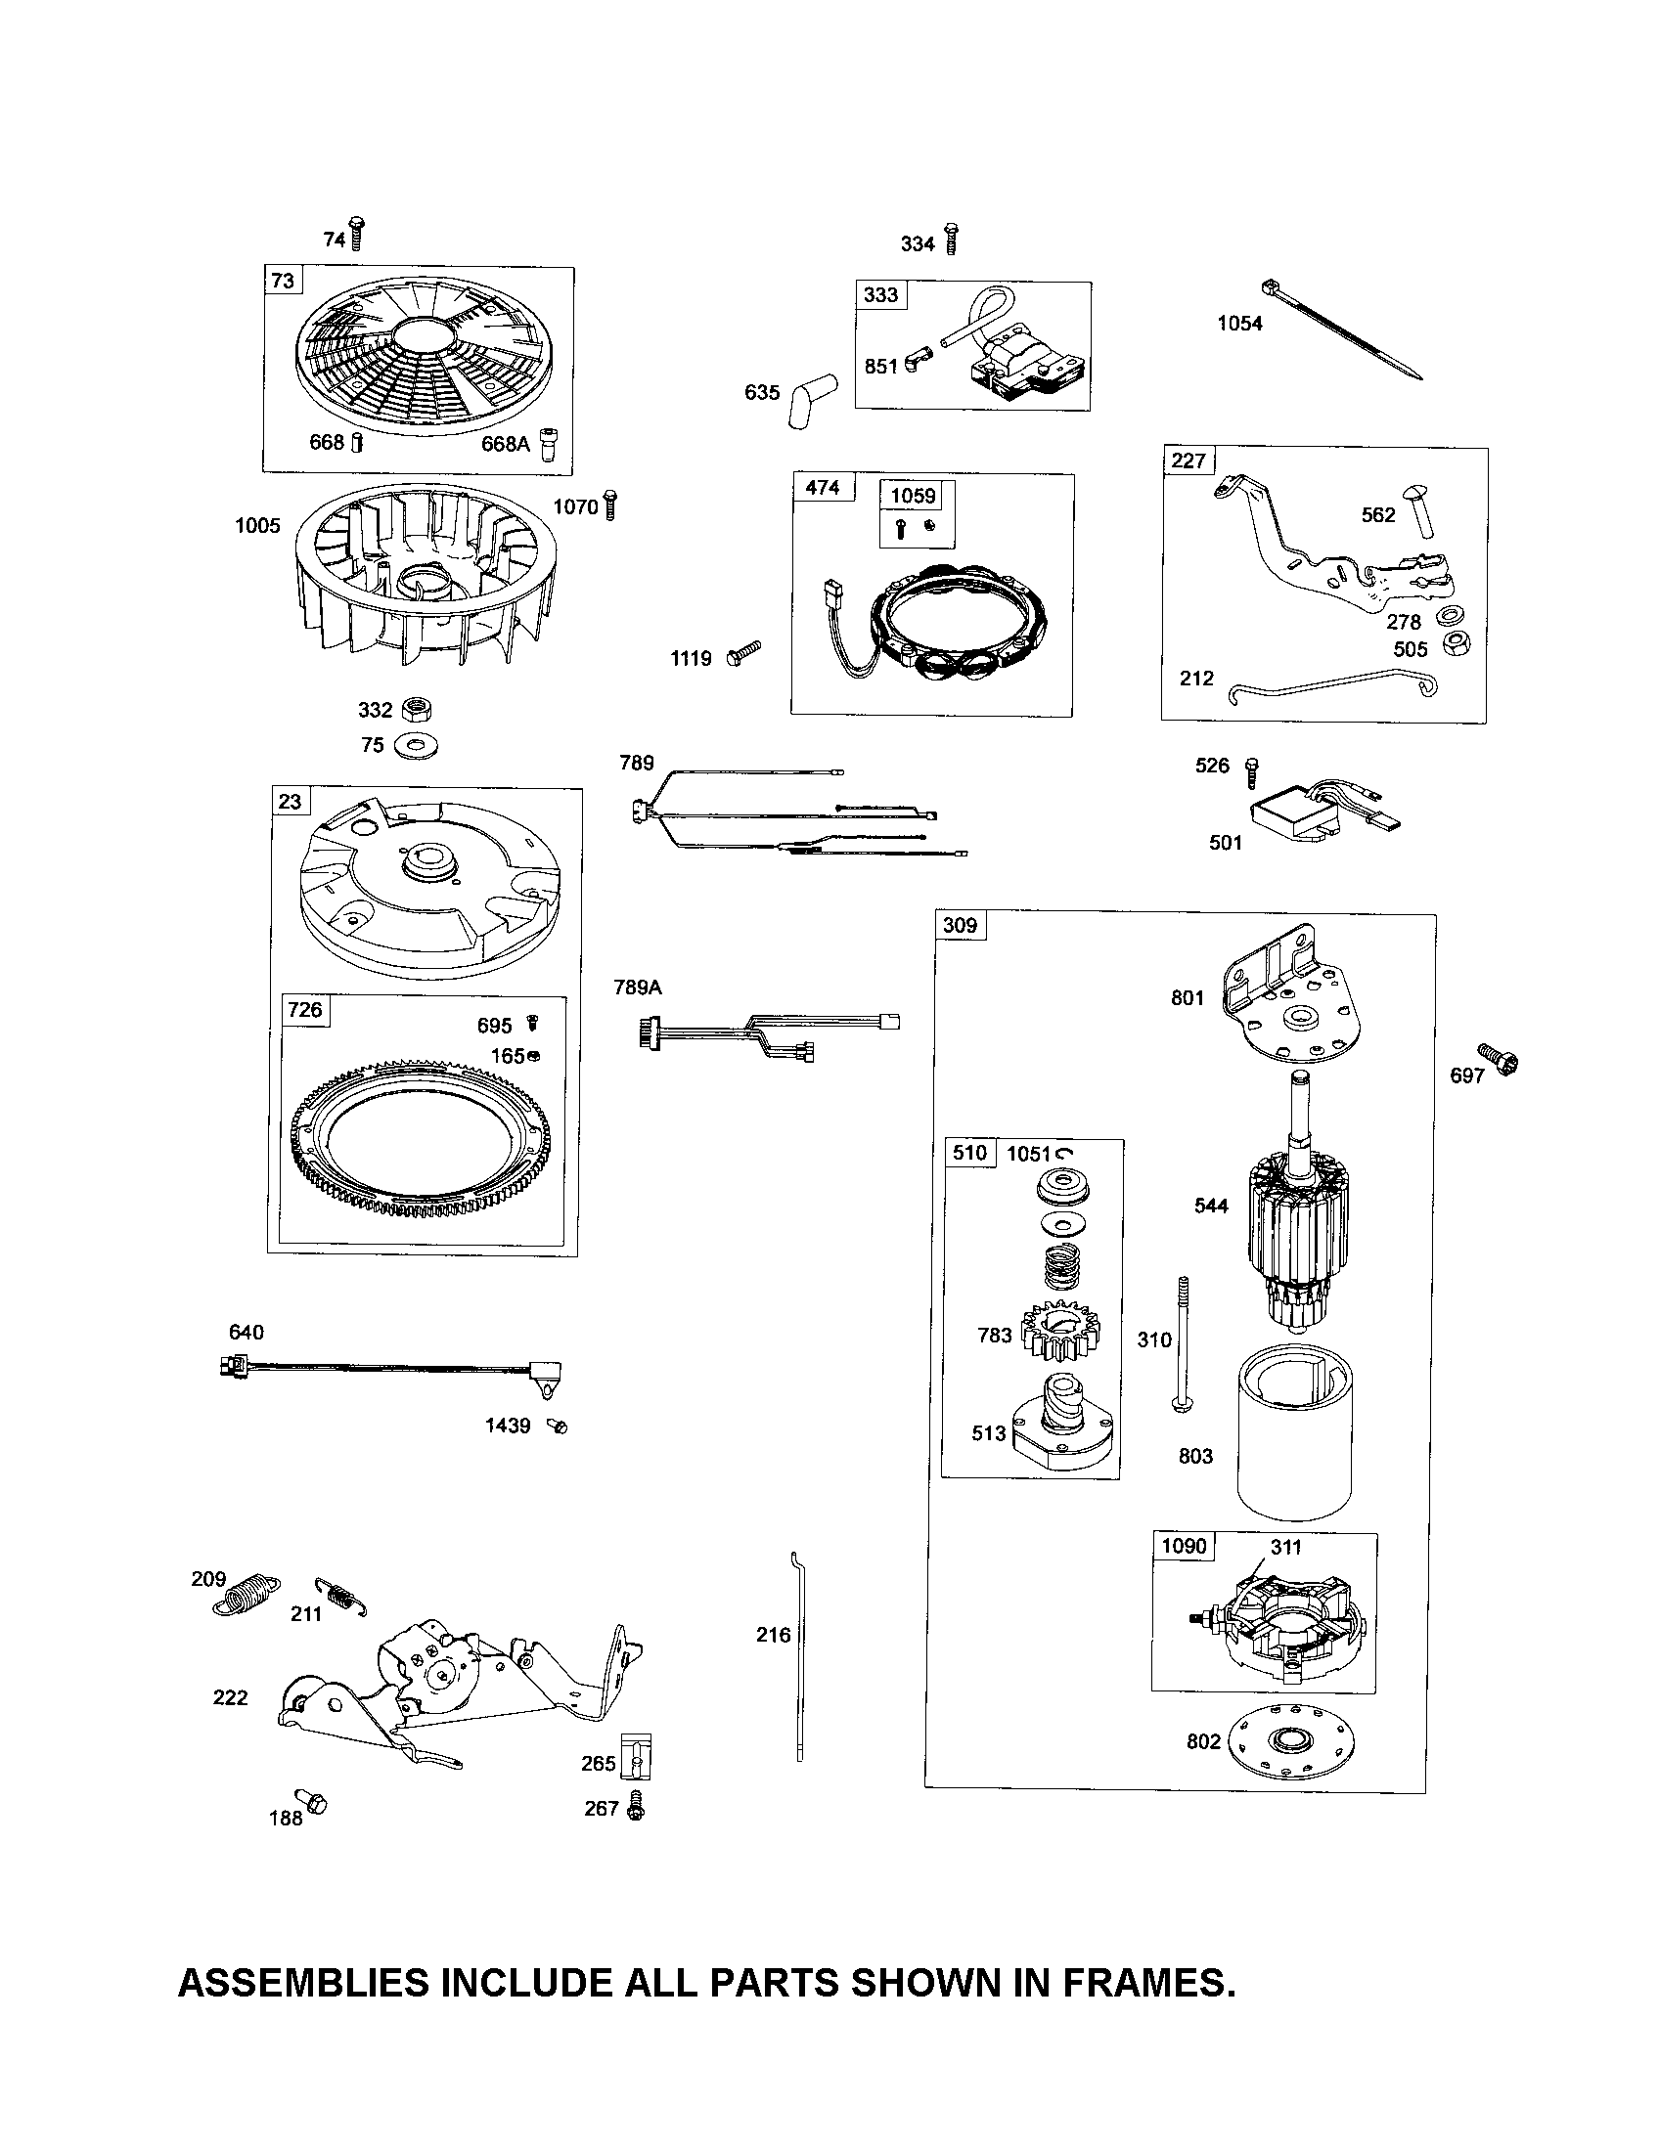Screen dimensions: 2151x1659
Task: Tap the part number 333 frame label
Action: (880, 294)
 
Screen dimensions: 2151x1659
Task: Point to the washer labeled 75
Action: (416, 747)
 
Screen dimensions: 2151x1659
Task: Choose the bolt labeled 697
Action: (1499, 1060)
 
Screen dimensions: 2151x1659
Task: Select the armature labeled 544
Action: (1294, 1221)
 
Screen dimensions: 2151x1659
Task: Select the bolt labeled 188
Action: (313, 1802)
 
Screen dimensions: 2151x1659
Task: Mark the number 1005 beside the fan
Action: (257, 525)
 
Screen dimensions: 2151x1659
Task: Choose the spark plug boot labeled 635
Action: (809, 399)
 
